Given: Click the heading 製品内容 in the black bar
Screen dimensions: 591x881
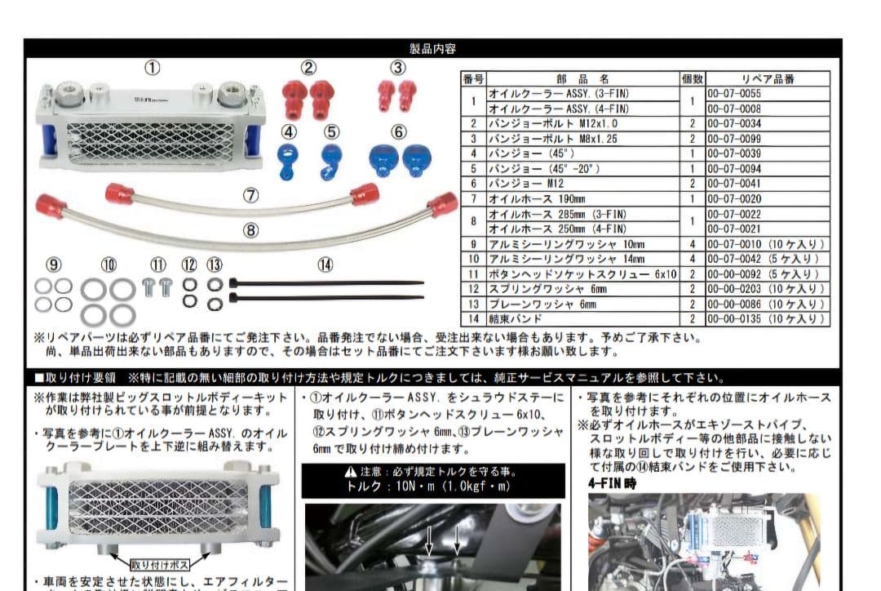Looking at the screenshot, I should (x=432, y=49).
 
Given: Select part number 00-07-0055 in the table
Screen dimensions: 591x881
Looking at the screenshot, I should (x=733, y=94).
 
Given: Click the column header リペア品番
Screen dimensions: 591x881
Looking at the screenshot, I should (x=768, y=79).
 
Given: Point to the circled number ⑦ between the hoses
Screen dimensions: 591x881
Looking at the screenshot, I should (x=250, y=196).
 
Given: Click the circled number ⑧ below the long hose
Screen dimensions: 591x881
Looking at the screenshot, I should (x=250, y=231).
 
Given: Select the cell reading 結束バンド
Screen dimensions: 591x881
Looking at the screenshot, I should (x=516, y=319).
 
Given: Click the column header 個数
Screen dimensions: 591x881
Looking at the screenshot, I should (x=692, y=79).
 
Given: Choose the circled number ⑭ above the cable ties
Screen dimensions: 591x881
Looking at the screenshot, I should (x=325, y=264).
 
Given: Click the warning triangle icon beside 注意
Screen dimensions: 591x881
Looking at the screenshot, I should (x=350, y=472).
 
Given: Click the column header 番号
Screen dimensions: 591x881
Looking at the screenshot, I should (x=473, y=79).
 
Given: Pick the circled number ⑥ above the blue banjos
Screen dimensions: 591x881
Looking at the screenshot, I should (x=398, y=131).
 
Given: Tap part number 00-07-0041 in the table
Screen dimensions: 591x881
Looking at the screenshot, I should (x=733, y=184).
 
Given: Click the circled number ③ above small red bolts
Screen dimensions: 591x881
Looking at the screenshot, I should (x=397, y=68).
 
